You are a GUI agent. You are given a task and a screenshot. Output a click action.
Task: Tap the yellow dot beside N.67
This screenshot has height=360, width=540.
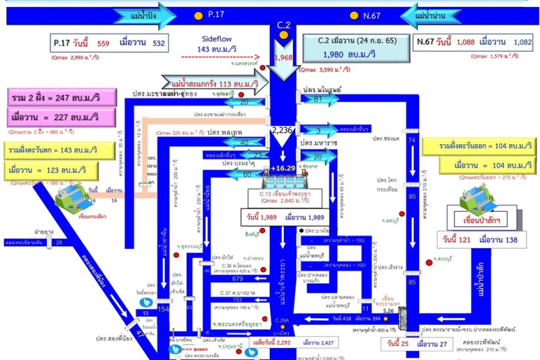click(354, 14)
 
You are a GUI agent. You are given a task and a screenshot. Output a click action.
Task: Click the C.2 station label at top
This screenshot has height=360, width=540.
click(283, 25)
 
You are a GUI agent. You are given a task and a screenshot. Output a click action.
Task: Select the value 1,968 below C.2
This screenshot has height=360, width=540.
click(283, 58)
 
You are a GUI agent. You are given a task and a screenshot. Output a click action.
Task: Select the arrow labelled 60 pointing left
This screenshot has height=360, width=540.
click(246, 175)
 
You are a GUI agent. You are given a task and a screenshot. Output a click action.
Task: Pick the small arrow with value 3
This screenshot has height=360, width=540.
click(317, 131)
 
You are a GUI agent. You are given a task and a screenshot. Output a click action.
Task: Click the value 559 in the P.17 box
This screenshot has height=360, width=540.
click(103, 43)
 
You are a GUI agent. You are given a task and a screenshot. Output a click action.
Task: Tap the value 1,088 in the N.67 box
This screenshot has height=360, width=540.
click(465, 42)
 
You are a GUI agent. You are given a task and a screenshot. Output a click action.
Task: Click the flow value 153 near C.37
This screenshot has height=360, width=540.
click(237, 300)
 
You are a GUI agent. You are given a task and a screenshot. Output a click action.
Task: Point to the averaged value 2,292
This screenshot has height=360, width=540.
click(269, 342)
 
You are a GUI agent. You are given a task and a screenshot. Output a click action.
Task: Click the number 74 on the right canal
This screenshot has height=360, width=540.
click(412, 141)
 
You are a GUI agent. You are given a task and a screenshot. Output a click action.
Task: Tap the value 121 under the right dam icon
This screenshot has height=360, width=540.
click(464, 240)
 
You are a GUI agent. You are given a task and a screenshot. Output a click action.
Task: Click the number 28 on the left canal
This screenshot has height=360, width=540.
click(59, 243)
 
